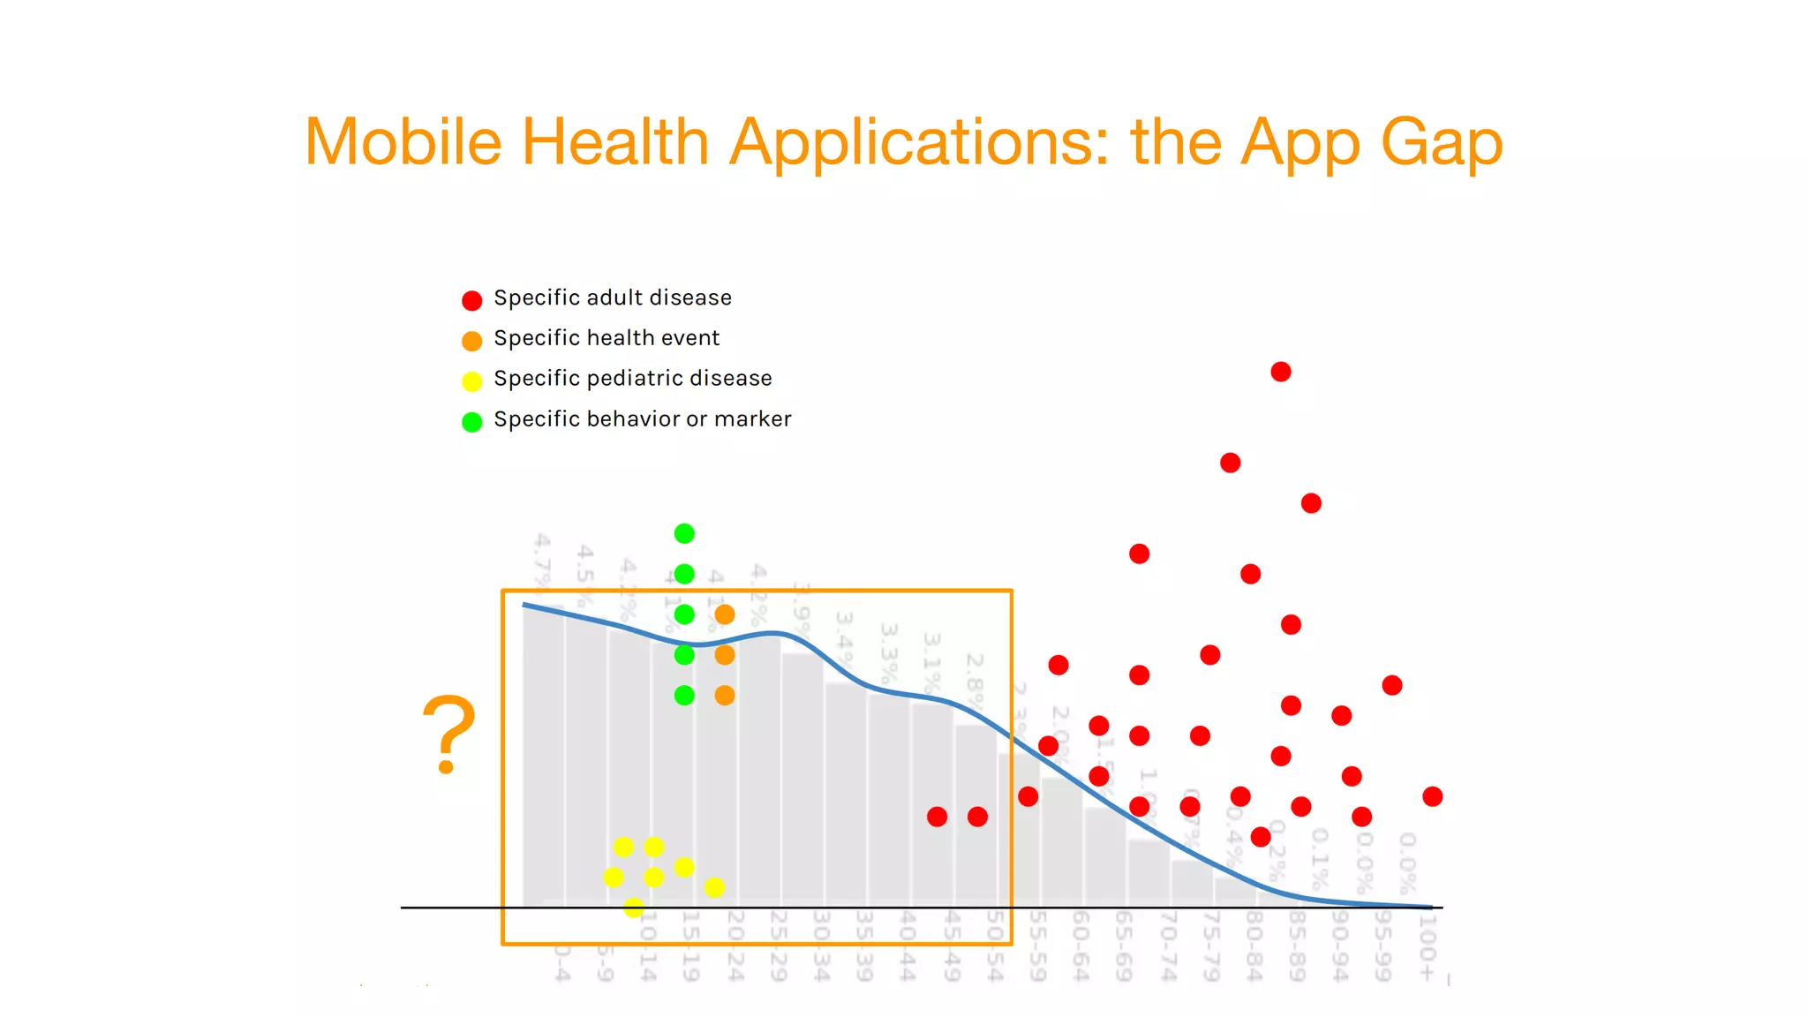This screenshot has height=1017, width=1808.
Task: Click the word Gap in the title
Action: tap(1441, 143)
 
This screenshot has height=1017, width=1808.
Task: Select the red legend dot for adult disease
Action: tap(472, 300)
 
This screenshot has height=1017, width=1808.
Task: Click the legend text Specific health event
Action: tap(606, 338)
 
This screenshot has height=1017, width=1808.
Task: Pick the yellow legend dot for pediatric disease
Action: tap(472, 381)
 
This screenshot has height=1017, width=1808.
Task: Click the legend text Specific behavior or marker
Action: tap(642, 419)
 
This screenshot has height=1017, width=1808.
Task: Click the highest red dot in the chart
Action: tap(1281, 372)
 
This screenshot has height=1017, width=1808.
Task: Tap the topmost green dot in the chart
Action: tap(684, 533)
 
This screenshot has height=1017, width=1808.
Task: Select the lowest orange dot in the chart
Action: tap(725, 696)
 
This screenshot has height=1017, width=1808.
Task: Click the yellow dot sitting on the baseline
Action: tap(633, 908)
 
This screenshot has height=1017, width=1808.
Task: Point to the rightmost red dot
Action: tap(1433, 796)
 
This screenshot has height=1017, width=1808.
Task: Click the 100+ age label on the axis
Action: tap(1427, 946)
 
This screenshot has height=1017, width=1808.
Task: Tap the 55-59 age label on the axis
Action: tap(1038, 946)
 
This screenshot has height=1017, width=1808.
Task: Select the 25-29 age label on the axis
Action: tap(778, 946)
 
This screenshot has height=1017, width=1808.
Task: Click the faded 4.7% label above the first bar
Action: tap(542, 559)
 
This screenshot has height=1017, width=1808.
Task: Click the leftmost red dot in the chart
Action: tap(937, 817)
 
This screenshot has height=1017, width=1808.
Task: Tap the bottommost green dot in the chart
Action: tap(684, 696)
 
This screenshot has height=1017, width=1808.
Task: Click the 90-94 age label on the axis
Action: tap(1340, 946)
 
